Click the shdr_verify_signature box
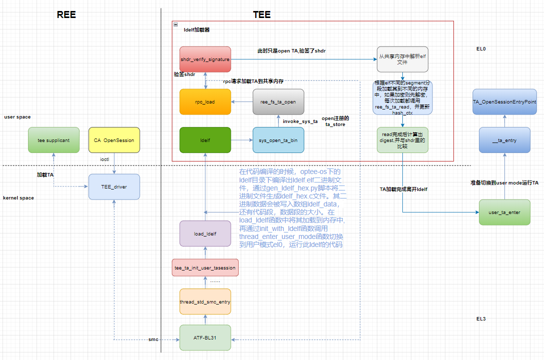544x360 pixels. click(x=205, y=59)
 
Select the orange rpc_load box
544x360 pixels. click(x=205, y=102)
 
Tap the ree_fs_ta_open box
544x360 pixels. click(x=278, y=102)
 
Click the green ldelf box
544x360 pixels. click(x=205, y=140)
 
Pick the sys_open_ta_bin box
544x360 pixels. click(x=278, y=140)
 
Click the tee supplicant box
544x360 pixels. click(x=54, y=140)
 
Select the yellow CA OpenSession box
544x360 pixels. click(x=114, y=140)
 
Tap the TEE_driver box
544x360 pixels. click(x=114, y=187)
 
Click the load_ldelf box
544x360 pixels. click(x=205, y=233)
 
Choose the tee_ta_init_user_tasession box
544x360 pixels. click(x=205, y=268)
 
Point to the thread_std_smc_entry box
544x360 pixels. click(x=205, y=301)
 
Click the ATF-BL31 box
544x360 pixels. click(x=205, y=338)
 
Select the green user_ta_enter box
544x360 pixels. click(x=504, y=212)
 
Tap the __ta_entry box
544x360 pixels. click(x=504, y=140)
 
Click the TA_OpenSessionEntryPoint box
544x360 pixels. click(x=504, y=101)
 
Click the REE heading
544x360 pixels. click(x=66, y=14)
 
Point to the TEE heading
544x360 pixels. click(x=262, y=14)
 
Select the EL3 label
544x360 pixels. click(x=481, y=318)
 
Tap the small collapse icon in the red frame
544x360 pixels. click(x=176, y=24)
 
